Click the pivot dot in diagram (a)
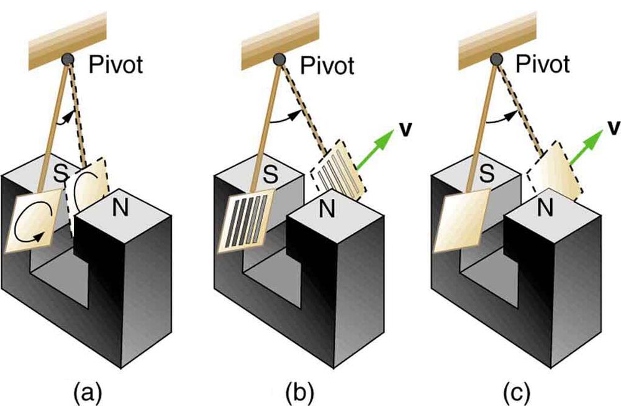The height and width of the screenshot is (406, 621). click(67, 60)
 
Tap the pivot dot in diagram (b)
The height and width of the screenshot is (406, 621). click(281, 60)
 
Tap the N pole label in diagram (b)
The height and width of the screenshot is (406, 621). click(329, 208)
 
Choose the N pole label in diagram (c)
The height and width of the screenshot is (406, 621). click(545, 208)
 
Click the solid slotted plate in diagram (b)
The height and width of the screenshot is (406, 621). click(247, 223)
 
